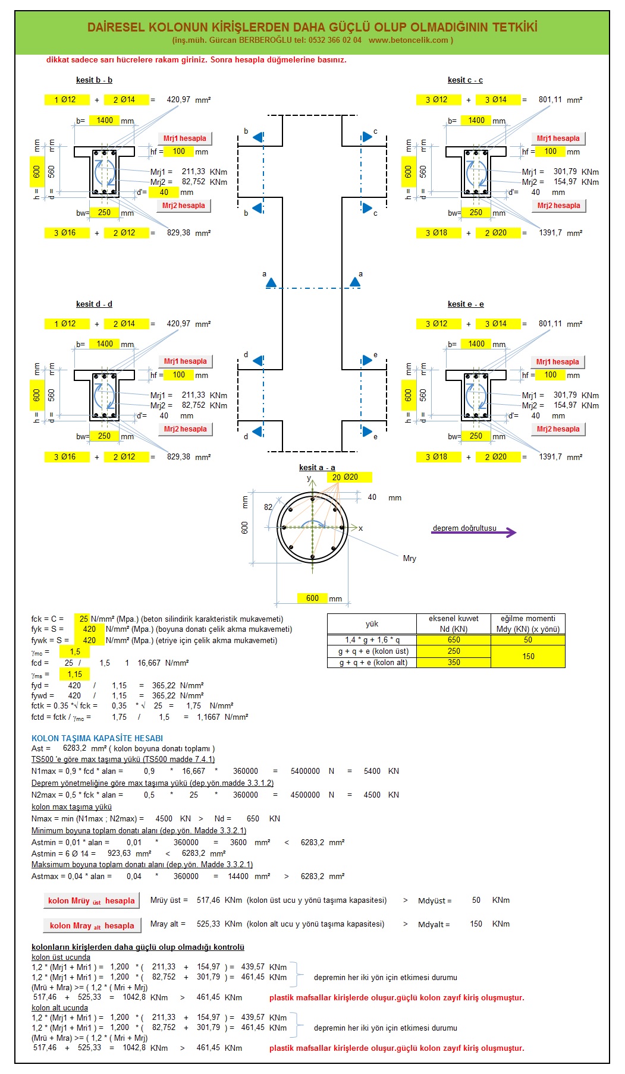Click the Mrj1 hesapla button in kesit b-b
click(184, 138)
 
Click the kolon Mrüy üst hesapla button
click(92, 900)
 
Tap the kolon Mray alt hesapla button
click(92, 925)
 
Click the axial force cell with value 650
click(454, 640)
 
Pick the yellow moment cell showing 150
click(528, 657)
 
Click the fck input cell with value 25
click(82, 619)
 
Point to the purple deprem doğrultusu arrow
click(474, 533)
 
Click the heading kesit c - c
click(465, 80)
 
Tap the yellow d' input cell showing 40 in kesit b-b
click(164, 192)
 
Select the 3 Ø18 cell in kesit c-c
click(436, 232)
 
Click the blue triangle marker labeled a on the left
click(271, 283)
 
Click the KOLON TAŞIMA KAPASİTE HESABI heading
click(97, 738)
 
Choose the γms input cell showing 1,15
click(75, 674)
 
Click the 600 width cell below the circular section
click(313, 598)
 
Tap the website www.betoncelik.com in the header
click(408, 40)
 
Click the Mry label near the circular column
click(410, 559)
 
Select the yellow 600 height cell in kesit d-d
click(37, 395)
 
